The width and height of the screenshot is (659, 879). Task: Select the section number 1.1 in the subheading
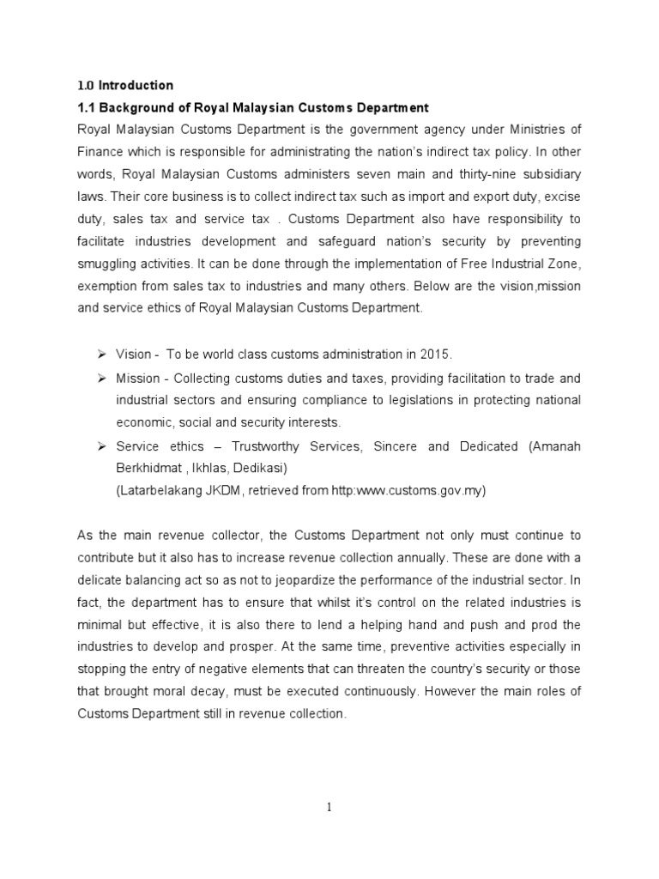click(x=87, y=107)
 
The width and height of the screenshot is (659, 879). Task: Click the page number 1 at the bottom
click(x=329, y=806)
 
